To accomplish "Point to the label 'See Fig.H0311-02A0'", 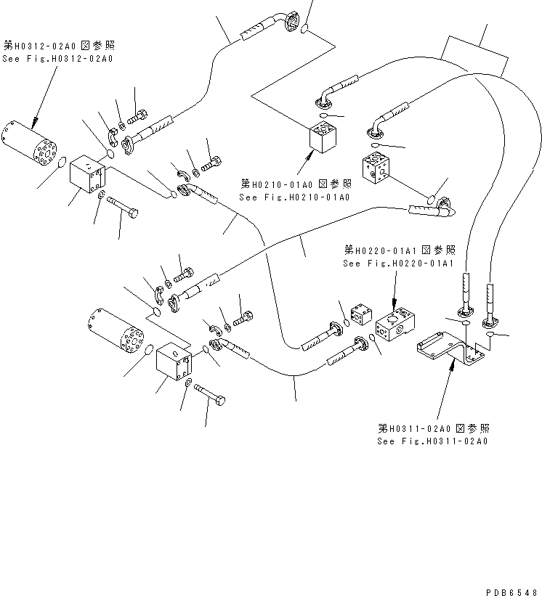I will (x=432, y=441).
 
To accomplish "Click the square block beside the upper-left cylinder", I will (x=89, y=177).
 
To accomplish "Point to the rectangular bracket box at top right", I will (x=474, y=54).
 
